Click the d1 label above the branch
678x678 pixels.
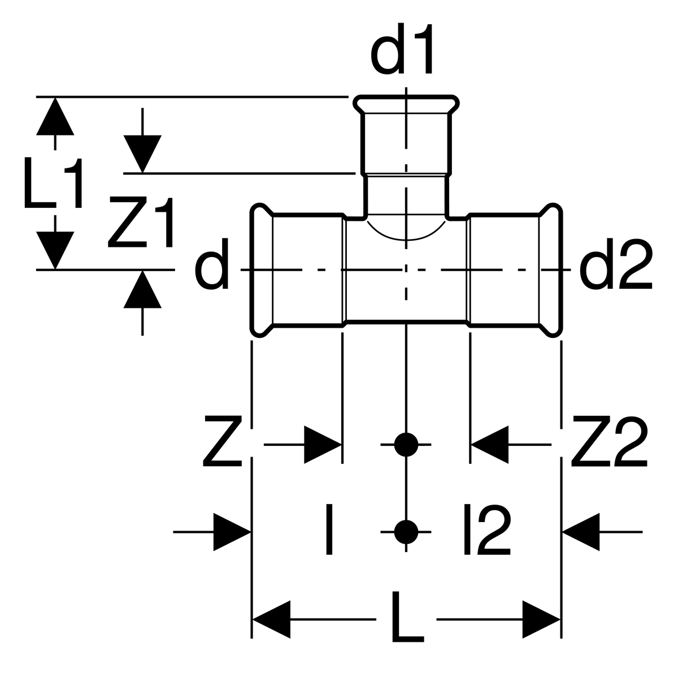coord(401,49)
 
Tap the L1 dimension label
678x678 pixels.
coord(54,182)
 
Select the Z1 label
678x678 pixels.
coord(141,222)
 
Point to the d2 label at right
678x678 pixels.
coord(615,263)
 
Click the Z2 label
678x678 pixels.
coord(609,442)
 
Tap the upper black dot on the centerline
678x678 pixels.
coord(406,445)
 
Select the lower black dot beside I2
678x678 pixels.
coord(406,532)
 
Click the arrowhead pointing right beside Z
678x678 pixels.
coord(323,445)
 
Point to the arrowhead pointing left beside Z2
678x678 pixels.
coord(490,445)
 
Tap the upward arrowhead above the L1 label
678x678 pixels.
coord(55,116)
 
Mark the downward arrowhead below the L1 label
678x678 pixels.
coord(55,250)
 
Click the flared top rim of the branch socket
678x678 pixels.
coord(406,104)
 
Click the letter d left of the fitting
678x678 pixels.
coord(212,263)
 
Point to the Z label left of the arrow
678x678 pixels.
coord(223,442)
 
